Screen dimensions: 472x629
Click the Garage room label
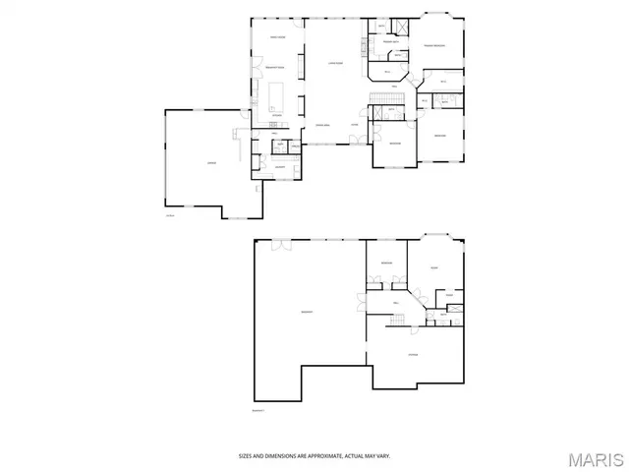212,162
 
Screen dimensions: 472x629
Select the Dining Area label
321,125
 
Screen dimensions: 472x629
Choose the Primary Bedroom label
435,46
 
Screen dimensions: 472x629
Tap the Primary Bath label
390,41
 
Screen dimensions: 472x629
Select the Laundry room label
280,168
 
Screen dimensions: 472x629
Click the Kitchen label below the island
276,116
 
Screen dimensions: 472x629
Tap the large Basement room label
307,312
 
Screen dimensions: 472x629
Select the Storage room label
414,355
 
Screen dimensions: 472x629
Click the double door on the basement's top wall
277,242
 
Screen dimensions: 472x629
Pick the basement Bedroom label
387,263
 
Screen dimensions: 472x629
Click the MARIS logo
597,459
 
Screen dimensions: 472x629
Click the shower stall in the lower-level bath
455,310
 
